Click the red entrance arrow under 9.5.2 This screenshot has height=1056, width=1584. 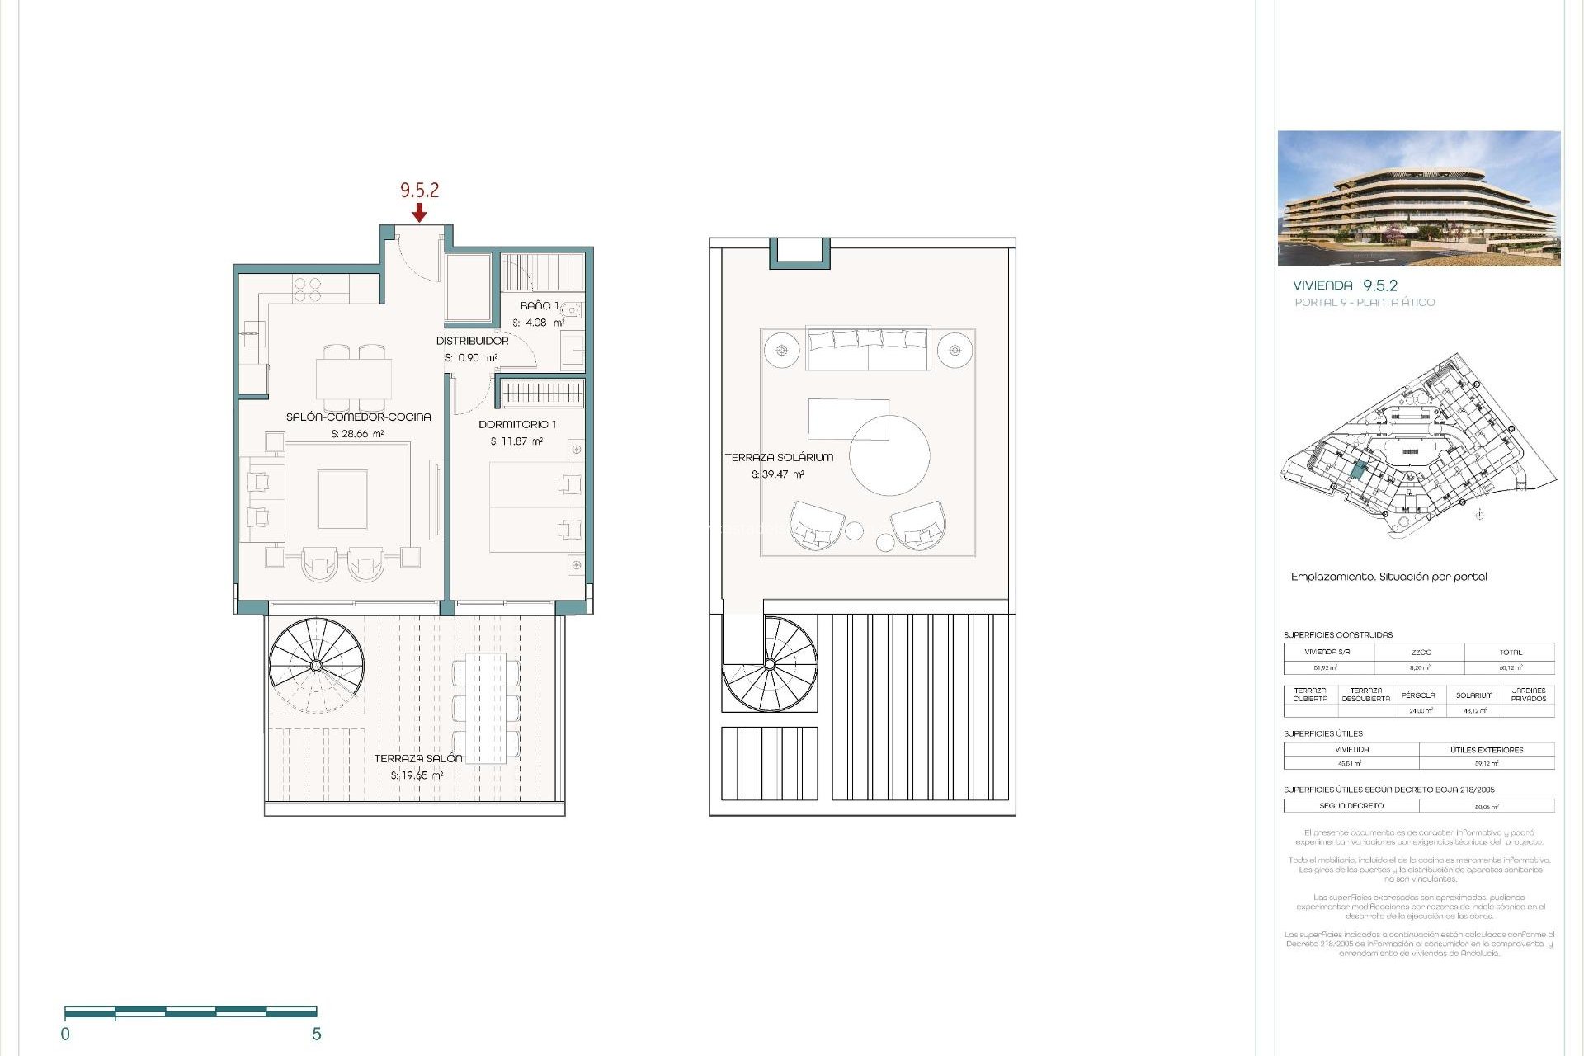(419, 213)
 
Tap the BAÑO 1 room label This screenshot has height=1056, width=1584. (539, 306)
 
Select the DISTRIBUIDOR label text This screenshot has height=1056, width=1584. (472, 341)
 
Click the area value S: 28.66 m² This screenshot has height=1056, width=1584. (357, 434)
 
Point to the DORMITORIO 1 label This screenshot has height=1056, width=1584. (517, 424)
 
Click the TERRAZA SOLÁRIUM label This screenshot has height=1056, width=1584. (779, 457)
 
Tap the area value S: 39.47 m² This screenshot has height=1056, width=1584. (777, 474)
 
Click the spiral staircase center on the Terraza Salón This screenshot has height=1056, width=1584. (316, 665)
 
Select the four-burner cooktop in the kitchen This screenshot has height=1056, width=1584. (308, 289)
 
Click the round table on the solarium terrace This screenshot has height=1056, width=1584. (889, 455)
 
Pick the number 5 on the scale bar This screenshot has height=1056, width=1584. (316, 1035)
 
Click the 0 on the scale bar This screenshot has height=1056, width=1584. (65, 1035)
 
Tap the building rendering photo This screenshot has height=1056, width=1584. (1419, 198)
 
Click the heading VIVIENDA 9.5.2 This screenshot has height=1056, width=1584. (1345, 285)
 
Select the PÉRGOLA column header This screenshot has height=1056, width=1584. (1418, 695)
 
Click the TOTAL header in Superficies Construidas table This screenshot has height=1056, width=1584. (1510, 652)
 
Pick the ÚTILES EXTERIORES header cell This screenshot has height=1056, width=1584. (1487, 750)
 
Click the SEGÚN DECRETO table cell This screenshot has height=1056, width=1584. (1351, 806)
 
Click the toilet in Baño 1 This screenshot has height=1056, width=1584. (572, 311)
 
